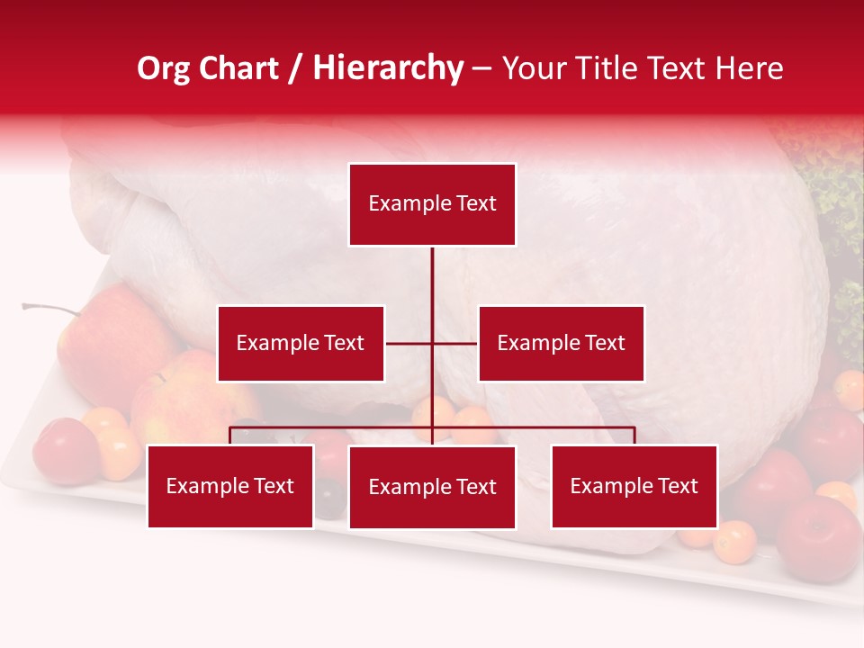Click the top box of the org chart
point(432,204)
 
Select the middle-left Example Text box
point(301,343)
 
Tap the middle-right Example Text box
point(561,343)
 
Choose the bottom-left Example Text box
point(230,486)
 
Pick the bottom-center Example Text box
point(432,487)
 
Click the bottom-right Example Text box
point(634,486)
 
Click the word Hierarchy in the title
point(388,68)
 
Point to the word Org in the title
point(163,68)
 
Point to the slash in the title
point(295,69)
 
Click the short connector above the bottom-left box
point(230,436)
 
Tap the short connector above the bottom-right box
point(634,436)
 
